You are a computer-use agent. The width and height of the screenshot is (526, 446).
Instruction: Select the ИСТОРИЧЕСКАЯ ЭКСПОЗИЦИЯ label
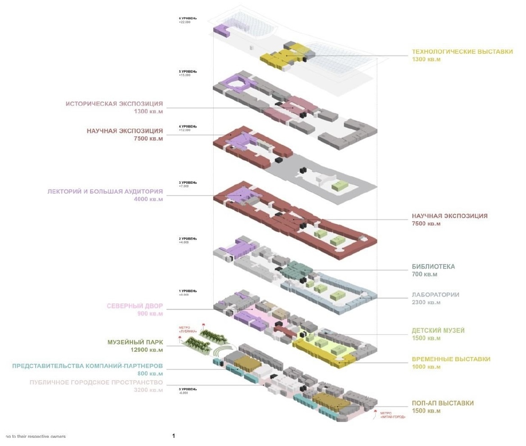pos(114,104)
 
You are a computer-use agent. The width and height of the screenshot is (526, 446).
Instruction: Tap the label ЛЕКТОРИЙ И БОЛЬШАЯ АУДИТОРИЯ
pos(105,191)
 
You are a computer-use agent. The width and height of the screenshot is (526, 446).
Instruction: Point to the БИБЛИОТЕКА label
pos(433,267)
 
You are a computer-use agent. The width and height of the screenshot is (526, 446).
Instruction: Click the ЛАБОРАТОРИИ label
pos(435,295)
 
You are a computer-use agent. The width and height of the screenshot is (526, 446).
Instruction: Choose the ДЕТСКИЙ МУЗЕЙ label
pos(438,331)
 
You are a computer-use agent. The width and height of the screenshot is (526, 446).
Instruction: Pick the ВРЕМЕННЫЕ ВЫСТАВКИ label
pos(451,359)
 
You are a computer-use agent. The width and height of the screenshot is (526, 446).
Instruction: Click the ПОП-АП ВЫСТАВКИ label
pos(443,403)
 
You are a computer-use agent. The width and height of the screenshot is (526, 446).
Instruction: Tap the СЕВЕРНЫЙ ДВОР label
pos(135,306)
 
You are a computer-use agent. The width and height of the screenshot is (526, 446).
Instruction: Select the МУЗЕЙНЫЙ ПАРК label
pos(135,343)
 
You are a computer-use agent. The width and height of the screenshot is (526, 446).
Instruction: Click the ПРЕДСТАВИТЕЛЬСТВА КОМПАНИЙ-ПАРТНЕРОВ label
pos(87,366)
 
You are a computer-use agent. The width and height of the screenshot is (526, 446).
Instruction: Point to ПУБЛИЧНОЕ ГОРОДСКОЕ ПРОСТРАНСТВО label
pos(96,383)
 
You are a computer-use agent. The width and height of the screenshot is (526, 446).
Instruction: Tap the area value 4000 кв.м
pos(148,199)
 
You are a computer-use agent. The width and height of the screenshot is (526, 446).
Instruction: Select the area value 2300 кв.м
pos(426,302)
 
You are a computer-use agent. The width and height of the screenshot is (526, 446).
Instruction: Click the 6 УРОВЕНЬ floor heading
pos(188,19)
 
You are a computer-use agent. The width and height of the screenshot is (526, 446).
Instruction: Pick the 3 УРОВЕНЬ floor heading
pos(188,183)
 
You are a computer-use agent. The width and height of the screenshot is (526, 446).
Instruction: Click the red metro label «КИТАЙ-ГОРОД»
pos(392,415)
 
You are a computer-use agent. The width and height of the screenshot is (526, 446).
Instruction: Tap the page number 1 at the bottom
pos(174,436)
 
